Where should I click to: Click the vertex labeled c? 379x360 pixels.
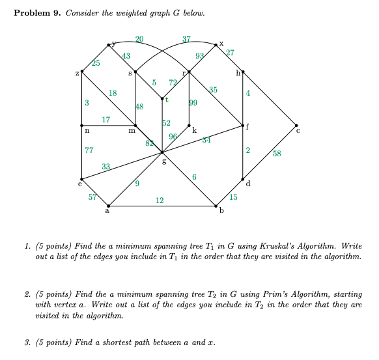coord(297,125)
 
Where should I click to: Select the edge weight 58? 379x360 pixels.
coord(277,154)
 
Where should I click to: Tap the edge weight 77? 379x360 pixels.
coord(89,151)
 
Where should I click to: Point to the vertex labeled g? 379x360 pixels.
coord(162,152)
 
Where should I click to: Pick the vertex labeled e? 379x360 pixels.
coord(81,179)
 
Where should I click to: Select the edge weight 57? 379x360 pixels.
coord(92,197)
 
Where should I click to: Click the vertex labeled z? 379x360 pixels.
coord(81,71)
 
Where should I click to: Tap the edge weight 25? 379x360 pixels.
coord(96,62)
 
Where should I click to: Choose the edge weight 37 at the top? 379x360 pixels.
coord(187,38)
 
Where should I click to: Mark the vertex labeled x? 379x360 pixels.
coord(216,44)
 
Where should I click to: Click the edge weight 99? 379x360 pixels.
coord(193,102)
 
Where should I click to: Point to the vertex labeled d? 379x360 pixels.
coord(243,178)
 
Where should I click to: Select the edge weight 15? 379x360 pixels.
coord(233,197)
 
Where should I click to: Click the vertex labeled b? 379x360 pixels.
coord(216,206)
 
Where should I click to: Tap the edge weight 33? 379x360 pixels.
coord(105,167)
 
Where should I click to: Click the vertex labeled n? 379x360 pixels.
coord(81,125)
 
